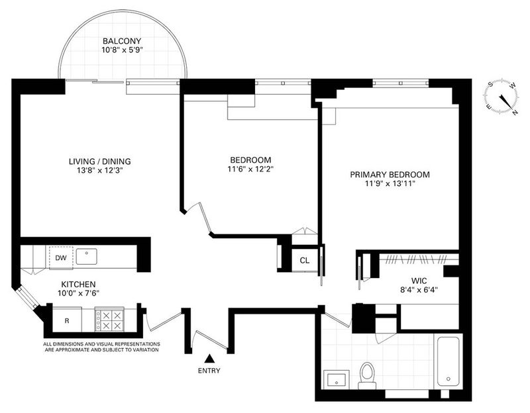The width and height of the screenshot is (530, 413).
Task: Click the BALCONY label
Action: (x=122, y=41)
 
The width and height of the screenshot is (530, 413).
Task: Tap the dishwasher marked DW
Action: (x=61, y=258)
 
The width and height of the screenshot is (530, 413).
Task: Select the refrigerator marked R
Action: (x=67, y=320)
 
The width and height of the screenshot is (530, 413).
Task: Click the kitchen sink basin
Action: (x=87, y=257)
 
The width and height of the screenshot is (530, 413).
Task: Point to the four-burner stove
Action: (x=109, y=320)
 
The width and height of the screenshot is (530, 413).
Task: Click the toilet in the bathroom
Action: (x=367, y=375)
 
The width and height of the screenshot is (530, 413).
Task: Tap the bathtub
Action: (x=449, y=361)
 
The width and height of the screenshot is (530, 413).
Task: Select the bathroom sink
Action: (x=337, y=379)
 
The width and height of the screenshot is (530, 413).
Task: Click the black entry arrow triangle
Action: (x=209, y=358)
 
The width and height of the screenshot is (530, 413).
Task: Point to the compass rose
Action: (x=502, y=97)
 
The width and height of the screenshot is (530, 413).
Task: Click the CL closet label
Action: (x=305, y=261)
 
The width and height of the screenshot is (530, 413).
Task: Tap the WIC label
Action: (x=419, y=281)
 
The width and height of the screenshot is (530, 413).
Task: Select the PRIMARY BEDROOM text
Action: (x=390, y=175)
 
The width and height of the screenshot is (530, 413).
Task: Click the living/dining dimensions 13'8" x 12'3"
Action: (x=100, y=171)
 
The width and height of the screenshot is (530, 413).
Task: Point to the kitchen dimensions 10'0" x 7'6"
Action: (x=78, y=293)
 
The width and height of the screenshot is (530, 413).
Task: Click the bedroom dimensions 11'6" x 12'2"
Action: (x=250, y=169)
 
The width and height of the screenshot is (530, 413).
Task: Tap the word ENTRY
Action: (x=209, y=371)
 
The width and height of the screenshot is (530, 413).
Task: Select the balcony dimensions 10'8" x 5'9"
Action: (x=122, y=50)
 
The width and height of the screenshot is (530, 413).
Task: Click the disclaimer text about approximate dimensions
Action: (x=102, y=347)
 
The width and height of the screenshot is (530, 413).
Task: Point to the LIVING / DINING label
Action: (x=100, y=161)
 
